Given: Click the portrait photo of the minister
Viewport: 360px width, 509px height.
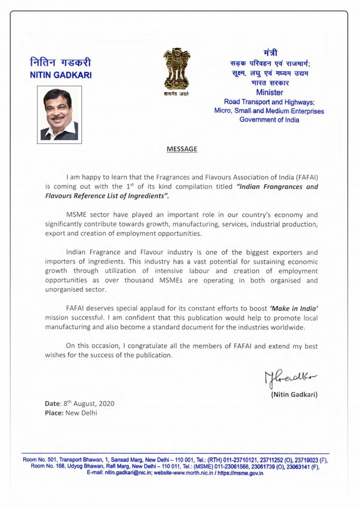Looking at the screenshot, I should coord(60,114).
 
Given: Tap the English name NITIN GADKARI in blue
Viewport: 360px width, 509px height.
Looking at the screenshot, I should coord(61,75).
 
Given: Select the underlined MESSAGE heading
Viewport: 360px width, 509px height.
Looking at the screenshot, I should coord(182,149).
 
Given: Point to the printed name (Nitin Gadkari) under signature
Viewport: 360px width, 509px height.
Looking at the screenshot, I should coord(294,394).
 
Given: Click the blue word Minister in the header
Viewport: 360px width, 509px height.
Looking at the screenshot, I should coord(270,92).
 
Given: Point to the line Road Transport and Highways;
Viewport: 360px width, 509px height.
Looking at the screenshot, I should coord(269,102).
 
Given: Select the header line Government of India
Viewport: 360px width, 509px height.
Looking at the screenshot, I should coord(269,120).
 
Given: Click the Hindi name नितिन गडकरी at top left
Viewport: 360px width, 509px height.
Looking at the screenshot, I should coord(60,62).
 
